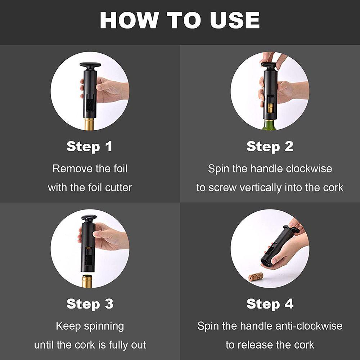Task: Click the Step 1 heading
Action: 90,147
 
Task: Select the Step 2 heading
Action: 270,147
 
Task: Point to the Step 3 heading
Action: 90,305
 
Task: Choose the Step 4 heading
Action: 270,305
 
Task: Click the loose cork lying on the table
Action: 256,276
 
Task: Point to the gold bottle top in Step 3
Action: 87,281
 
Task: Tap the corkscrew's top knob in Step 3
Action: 89,218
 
